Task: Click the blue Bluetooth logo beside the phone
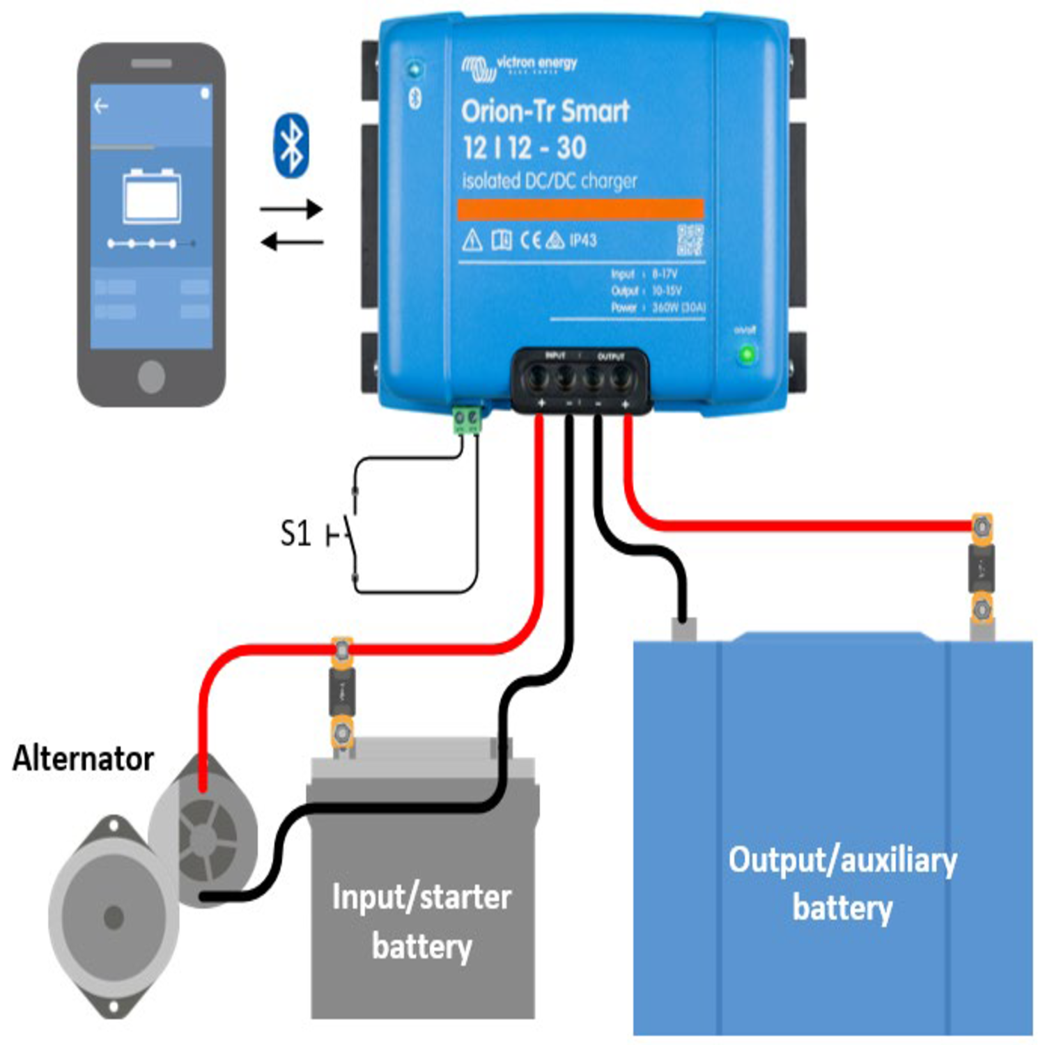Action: (291, 146)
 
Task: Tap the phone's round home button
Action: (151, 377)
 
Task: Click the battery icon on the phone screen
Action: (151, 196)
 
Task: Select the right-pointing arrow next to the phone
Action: (292, 208)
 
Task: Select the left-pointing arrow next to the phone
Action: (292, 242)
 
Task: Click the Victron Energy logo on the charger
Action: (519, 66)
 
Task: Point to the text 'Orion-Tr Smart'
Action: (545, 111)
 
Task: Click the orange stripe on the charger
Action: (580, 209)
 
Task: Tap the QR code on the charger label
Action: (690, 240)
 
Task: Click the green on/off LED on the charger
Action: (747, 354)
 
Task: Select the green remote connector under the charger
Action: (467, 420)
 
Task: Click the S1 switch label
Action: (295, 534)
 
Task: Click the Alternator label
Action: (83, 759)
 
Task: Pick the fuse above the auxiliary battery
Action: (982, 568)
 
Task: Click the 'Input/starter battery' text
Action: (421, 921)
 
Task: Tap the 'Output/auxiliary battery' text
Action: (842, 883)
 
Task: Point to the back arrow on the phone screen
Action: (102, 106)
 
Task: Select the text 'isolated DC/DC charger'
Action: (549, 181)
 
